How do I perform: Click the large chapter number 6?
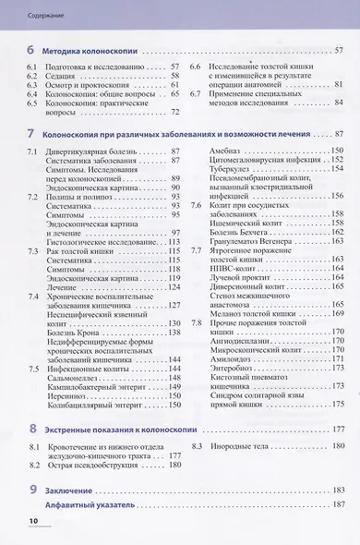[x=32, y=50]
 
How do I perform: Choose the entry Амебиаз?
[x=224, y=149]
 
